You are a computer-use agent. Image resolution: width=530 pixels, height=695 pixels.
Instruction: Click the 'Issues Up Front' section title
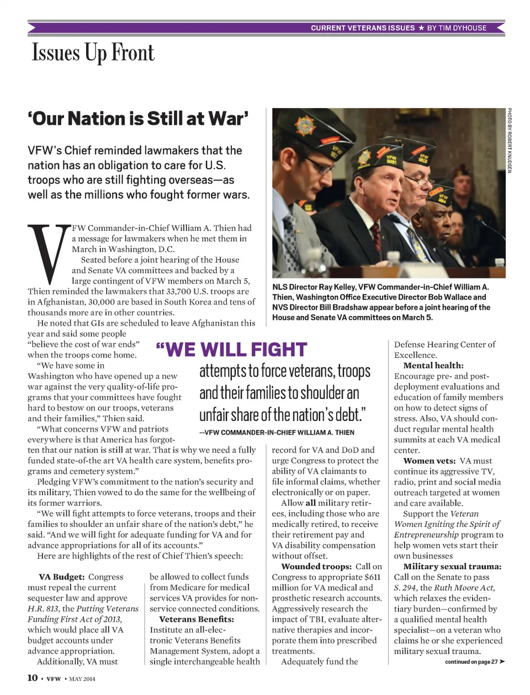click(x=93, y=53)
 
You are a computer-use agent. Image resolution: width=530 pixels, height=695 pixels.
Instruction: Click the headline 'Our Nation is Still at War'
click(x=138, y=119)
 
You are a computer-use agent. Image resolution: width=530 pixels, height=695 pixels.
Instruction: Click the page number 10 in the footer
click(x=33, y=678)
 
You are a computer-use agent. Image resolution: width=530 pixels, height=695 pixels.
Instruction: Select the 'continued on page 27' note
click(x=474, y=662)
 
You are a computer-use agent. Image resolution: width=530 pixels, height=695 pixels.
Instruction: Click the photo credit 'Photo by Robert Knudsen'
click(x=510, y=140)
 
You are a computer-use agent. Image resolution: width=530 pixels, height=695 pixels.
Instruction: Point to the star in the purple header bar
click(x=421, y=28)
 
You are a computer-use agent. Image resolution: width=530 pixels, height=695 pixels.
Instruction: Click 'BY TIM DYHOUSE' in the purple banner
click(x=457, y=28)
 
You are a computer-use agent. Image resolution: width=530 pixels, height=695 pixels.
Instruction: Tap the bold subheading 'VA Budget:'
click(x=61, y=577)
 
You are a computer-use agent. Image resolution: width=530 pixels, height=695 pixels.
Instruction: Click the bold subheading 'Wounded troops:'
click(x=316, y=566)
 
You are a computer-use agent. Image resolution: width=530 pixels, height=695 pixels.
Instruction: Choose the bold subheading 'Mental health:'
click(x=433, y=365)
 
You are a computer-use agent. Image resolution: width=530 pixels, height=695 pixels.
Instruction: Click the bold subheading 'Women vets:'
click(x=429, y=461)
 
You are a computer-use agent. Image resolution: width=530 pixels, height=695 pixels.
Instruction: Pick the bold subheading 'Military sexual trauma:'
click(x=452, y=566)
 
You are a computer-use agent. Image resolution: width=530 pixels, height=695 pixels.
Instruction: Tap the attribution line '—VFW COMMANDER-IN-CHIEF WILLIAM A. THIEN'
click(x=277, y=432)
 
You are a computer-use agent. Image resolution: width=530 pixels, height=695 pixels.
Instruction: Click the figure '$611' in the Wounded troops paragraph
click(x=373, y=577)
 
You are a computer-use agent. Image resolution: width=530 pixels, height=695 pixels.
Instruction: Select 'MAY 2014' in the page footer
click(x=82, y=678)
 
